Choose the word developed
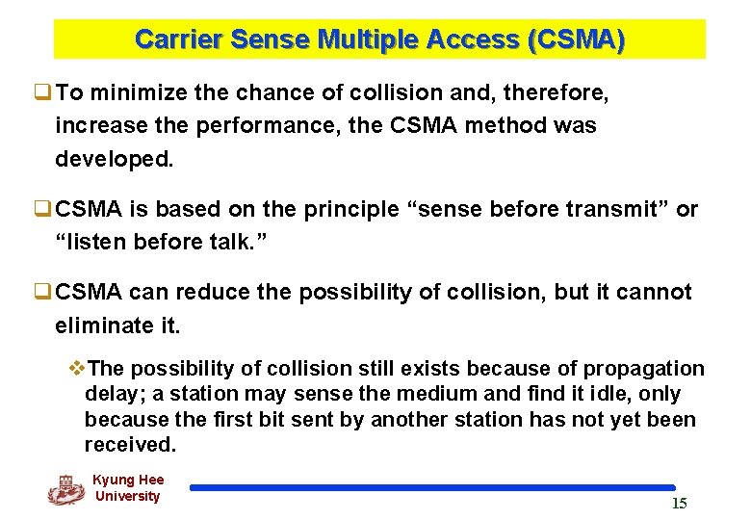click(115, 159)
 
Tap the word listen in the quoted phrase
click(98, 242)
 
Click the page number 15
click(679, 505)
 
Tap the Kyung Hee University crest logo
click(65, 489)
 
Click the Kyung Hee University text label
click(127, 488)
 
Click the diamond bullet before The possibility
click(78, 369)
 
